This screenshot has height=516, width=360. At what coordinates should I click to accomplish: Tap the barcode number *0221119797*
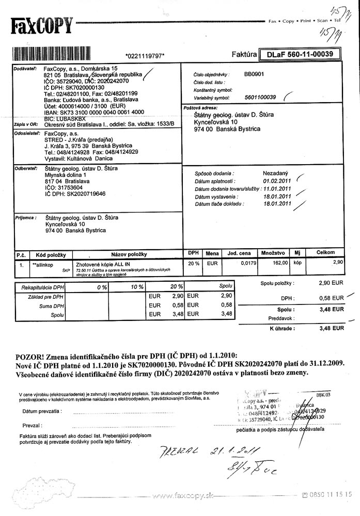pyautogui.click(x=145, y=55)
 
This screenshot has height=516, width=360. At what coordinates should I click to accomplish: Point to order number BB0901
pyautogui.click(x=254, y=74)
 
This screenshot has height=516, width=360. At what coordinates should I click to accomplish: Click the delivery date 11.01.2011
pyautogui.click(x=277, y=189)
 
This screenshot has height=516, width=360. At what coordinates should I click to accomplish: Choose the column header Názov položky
pyautogui.click(x=129, y=254)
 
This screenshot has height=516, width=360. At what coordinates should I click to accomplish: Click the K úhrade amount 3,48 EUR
pyautogui.click(x=331, y=328)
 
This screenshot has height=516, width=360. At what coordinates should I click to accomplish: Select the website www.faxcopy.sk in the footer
pyautogui.click(x=179, y=496)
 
